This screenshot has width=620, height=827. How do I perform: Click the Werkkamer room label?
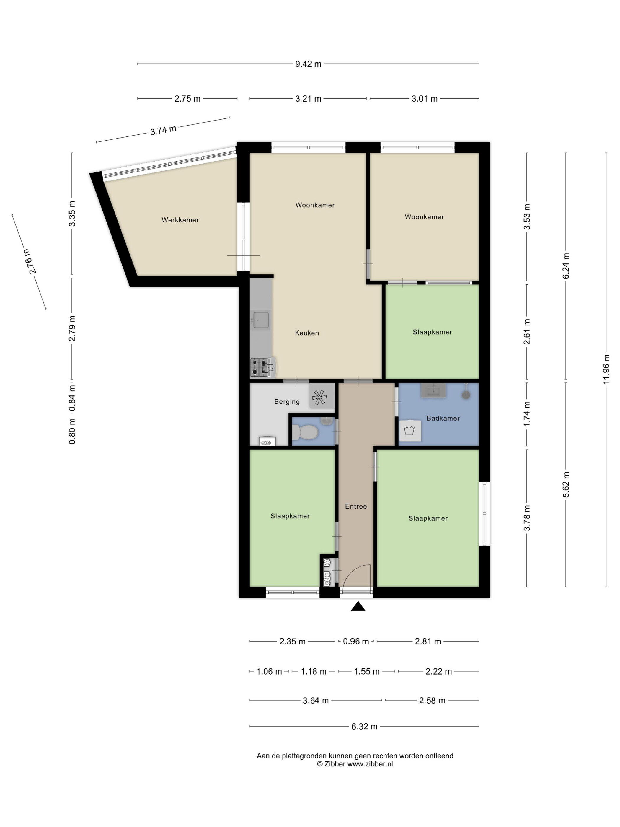[180, 220]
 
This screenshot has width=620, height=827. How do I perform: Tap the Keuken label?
[307, 333]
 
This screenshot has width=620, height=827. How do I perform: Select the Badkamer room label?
[443, 418]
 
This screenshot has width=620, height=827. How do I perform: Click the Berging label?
[287, 401]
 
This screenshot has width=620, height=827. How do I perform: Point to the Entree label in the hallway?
[356, 506]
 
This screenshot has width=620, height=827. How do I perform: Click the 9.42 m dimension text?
[308, 64]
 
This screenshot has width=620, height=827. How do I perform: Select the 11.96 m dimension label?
[606, 369]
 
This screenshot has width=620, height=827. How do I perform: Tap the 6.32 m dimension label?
[364, 726]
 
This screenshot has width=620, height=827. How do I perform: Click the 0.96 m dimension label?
[356, 642]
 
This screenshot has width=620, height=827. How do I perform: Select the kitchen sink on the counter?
[261, 320]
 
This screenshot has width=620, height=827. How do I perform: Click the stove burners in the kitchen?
[260, 367]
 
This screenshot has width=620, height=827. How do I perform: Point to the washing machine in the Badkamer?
[410, 431]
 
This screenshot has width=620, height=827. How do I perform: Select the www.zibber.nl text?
[370, 764]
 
